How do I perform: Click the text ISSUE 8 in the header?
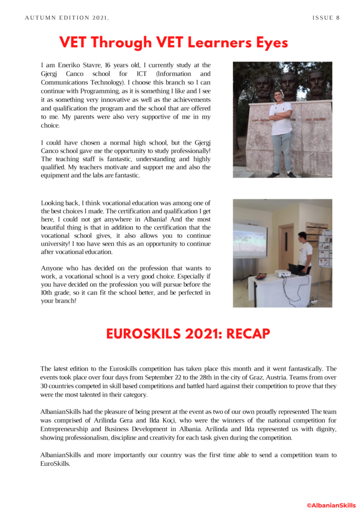326,18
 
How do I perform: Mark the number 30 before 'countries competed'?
44,386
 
